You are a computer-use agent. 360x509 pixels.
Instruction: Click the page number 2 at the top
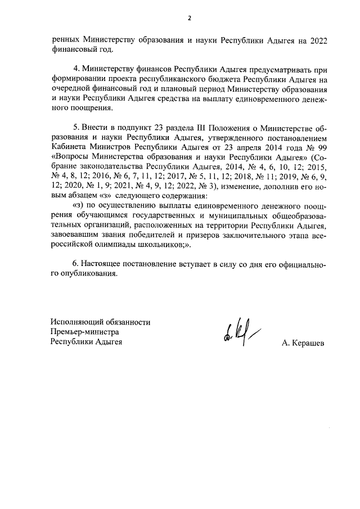[x=190, y=18]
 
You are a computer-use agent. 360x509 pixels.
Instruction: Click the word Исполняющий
[x=74, y=322]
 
